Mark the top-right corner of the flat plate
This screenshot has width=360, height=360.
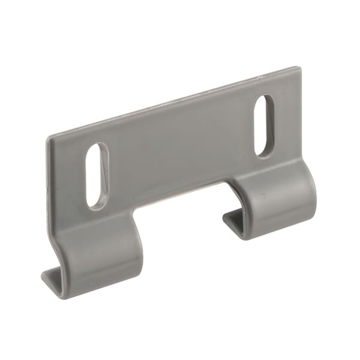pos(298,69)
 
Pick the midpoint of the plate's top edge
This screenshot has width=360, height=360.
pos(174,102)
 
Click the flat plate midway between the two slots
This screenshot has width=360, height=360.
pos(180,150)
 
